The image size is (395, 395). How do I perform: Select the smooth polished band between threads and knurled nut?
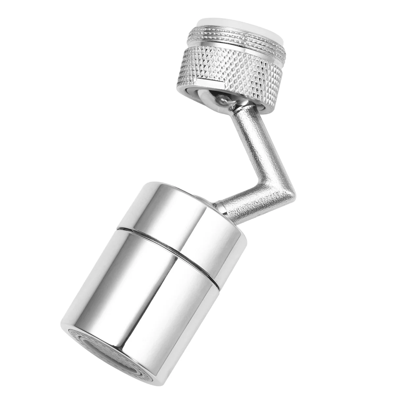click(x=230, y=46)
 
